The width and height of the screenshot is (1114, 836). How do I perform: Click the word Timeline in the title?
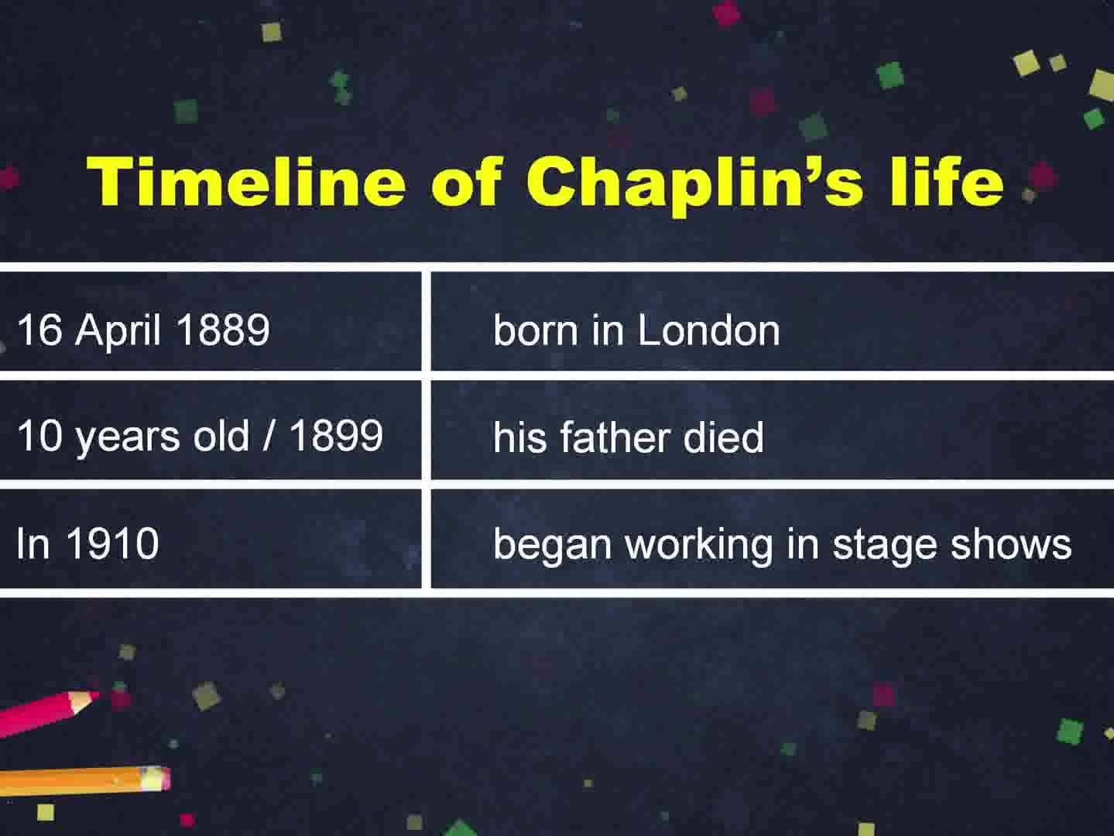coord(247,181)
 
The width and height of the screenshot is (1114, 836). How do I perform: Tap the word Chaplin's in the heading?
coord(694,185)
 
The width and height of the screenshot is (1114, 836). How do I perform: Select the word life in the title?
coord(947,181)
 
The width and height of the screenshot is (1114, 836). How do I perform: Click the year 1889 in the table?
coord(224,330)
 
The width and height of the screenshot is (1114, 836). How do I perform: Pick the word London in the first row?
coord(708,330)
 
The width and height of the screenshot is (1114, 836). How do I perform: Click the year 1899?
coord(336,435)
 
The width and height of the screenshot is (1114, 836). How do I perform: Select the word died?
coord(723,437)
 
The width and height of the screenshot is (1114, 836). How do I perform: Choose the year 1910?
coord(113,543)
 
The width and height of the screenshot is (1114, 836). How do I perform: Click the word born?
coord(536,330)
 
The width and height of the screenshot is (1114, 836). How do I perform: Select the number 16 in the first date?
coord(39,330)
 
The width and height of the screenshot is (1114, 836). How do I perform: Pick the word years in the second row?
coord(128,438)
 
